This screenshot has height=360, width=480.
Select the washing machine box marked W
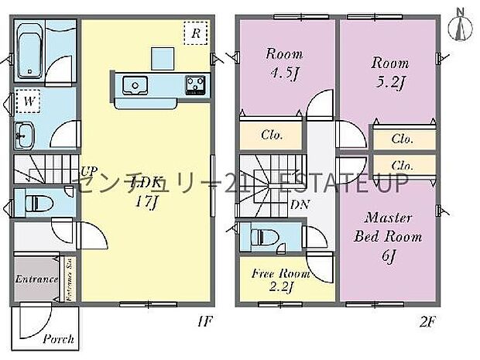pyautogui.click(x=28, y=101)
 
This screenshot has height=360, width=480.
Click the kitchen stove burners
pyautogui.click(x=194, y=83)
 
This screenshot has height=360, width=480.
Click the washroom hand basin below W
pyautogui.click(x=22, y=135)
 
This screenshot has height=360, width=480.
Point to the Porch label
pyautogui.click(x=58, y=338)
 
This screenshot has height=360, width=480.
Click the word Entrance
pyautogui.click(x=36, y=279)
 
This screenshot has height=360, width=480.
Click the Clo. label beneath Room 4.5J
pyautogui.click(x=271, y=135)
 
